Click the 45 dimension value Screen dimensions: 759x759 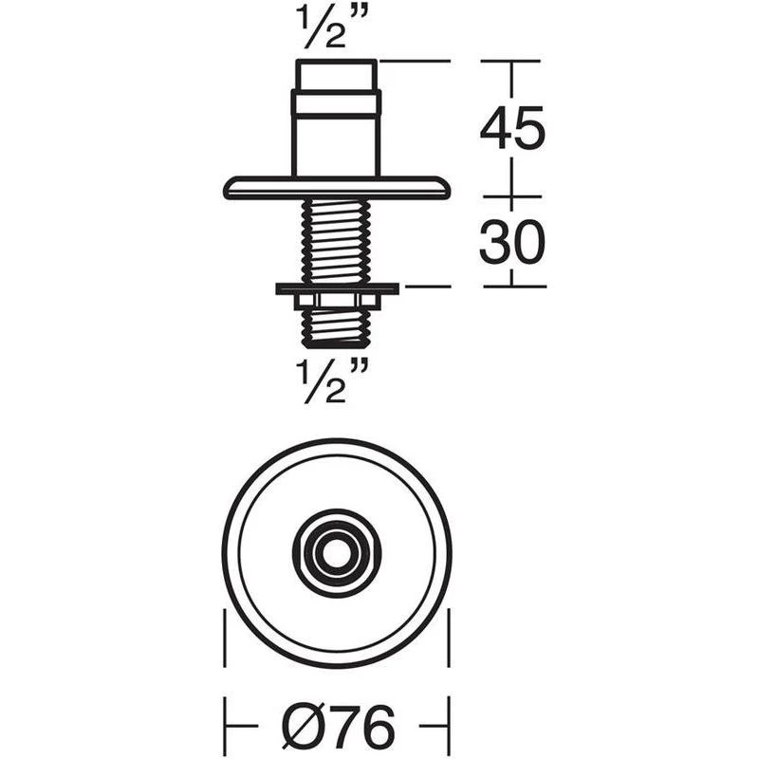(512, 128)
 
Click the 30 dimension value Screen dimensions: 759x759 (512, 244)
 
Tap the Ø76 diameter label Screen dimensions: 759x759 (338, 729)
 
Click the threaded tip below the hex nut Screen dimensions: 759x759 (336, 327)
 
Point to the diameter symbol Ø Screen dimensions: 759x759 (303, 729)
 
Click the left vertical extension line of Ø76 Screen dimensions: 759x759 (224, 655)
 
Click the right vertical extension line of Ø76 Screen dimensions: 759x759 (448, 655)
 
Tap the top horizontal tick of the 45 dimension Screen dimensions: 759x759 (512, 61)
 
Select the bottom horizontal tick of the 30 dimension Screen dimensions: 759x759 (512, 286)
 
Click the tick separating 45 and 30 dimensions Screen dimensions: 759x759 (512, 197)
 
